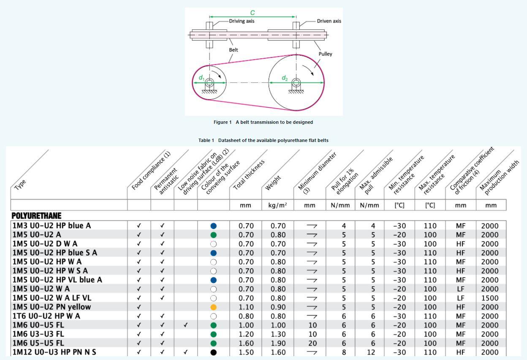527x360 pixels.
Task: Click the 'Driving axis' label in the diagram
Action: tap(242, 21)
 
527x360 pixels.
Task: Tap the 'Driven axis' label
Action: tap(329, 21)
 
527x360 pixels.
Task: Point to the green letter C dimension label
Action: tap(253, 13)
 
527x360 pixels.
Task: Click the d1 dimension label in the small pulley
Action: tap(201, 78)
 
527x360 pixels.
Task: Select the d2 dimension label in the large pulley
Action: tap(285, 78)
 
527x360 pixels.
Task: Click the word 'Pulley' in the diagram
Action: tap(326, 54)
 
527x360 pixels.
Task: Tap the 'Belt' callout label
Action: tap(234, 50)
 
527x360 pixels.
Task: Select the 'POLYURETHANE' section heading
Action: tap(36, 216)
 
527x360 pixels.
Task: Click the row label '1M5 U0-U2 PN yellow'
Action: tap(52, 307)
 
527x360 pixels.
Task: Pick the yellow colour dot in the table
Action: tap(213, 307)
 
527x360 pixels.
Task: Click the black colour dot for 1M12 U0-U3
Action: tap(213, 352)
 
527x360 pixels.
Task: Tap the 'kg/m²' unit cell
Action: tap(278, 205)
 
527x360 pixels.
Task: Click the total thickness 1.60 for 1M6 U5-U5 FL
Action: tap(246, 343)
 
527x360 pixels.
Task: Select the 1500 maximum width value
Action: tap(490, 298)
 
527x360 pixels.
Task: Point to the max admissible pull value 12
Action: tap(373, 352)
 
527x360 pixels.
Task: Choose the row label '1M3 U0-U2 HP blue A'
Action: tap(52, 226)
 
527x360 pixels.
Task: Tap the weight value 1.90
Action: tap(278, 343)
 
